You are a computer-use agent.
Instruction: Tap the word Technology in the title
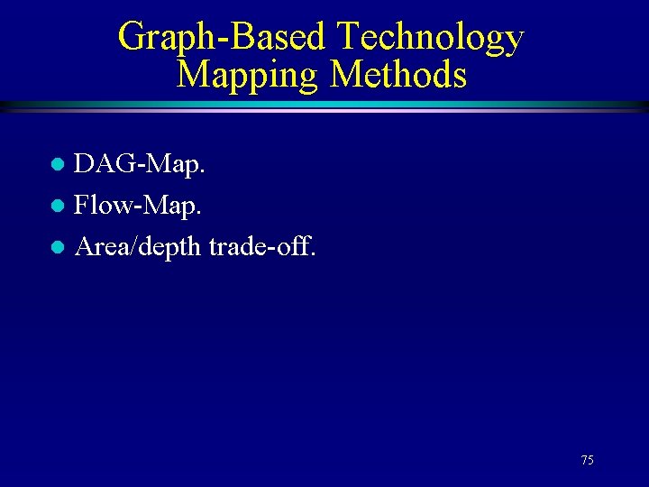click(429, 37)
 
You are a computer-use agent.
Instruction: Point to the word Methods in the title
click(398, 74)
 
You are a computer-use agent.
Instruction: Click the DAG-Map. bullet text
click(140, 165)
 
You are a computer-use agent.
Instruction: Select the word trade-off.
click(262, 245)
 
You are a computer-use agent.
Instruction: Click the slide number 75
click(588, 460)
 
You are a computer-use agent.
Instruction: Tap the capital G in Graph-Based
click(132, 37)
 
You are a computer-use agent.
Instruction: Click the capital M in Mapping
click(194, 74)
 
